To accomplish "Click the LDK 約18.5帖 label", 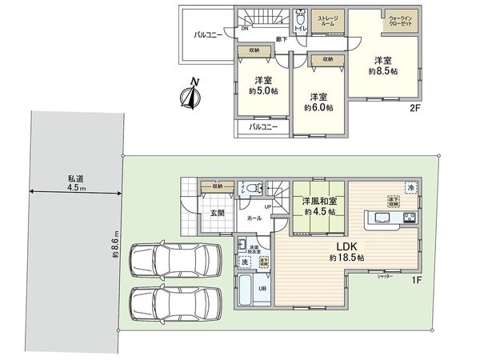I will tap(346, 252).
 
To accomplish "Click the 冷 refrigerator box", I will tap(411, 189).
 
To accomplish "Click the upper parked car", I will tap(174, 261).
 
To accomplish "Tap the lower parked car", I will tap(174, 304).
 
